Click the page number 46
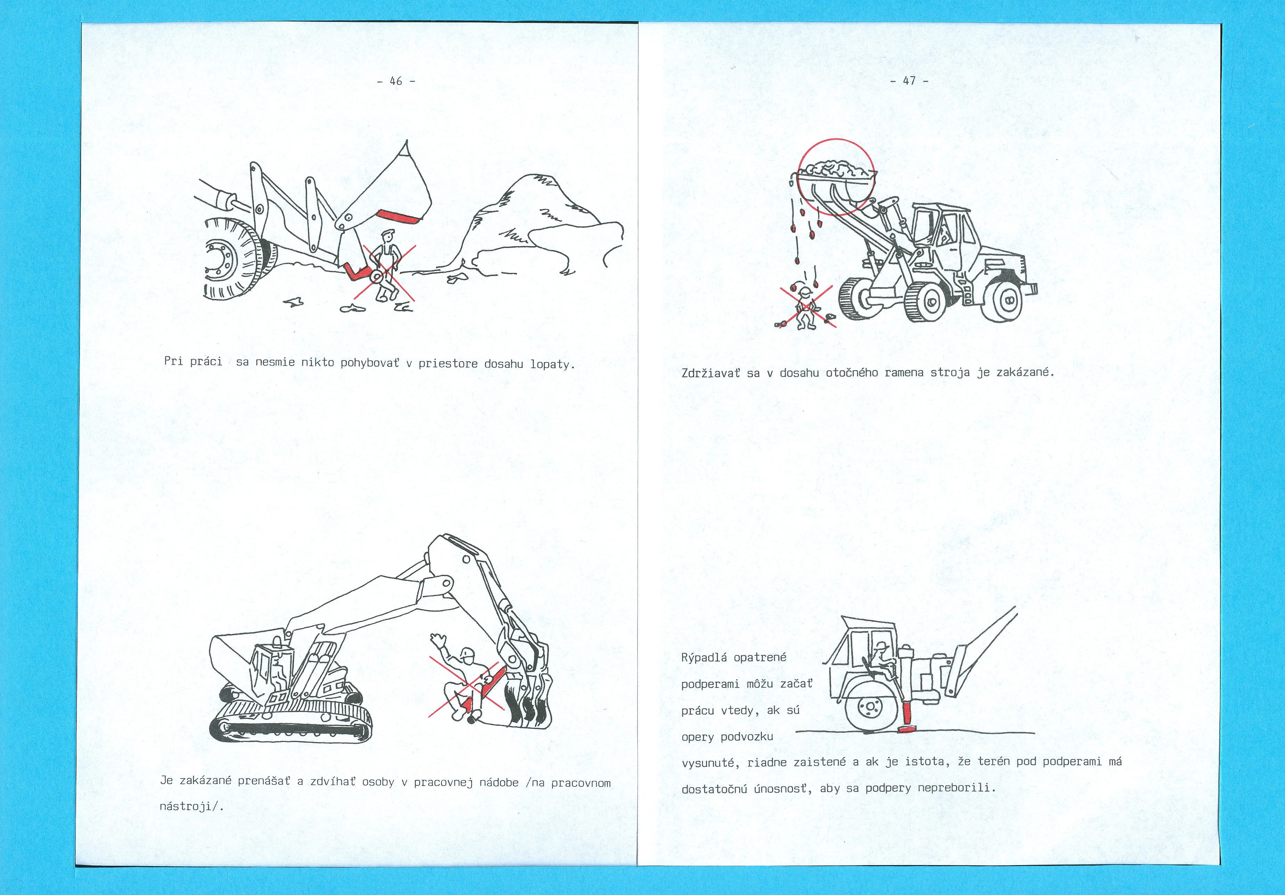396,81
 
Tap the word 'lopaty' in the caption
550,364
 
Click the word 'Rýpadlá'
704,658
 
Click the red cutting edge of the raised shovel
397,216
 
